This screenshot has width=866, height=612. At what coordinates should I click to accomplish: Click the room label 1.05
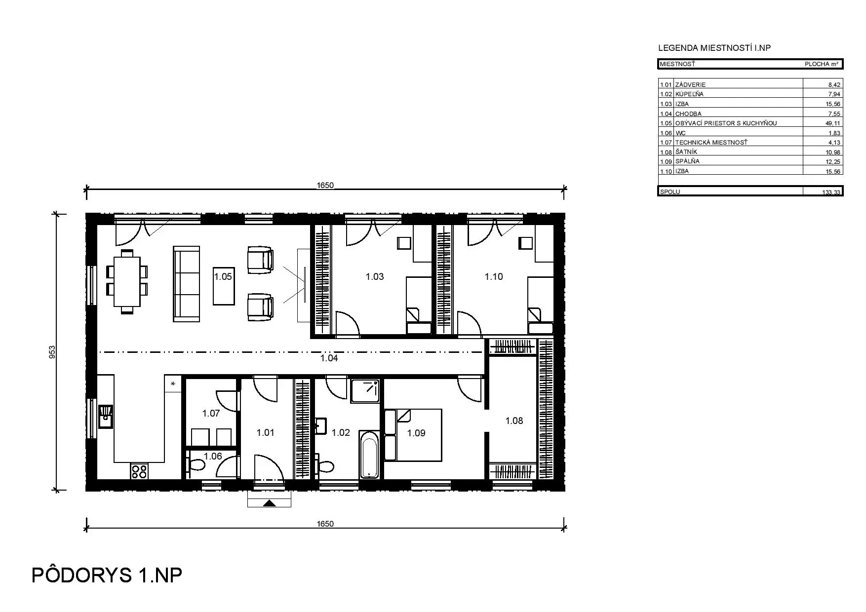coord(223,277)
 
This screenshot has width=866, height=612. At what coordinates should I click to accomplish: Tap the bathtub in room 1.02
coord(369,455)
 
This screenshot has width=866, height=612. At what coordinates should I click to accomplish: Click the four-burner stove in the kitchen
coord(139,471)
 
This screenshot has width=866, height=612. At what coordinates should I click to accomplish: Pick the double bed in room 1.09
coord(413,435)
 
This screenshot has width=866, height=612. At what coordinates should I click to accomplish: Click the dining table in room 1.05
coord(127,281)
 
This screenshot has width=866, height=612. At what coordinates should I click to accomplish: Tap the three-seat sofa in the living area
coord(186,284)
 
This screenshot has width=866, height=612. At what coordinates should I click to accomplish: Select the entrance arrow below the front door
coord(269,503)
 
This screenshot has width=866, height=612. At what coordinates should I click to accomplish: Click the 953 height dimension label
coord(52,352)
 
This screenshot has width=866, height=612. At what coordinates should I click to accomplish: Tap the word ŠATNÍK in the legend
coord(686,152)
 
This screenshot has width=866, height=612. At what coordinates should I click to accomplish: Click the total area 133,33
coord(831,192)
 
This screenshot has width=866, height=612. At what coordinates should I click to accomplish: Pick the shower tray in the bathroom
coord(365,391)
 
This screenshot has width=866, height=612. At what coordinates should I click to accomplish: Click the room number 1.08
coord(514,421)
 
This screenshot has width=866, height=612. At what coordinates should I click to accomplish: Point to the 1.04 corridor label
coord(329,358)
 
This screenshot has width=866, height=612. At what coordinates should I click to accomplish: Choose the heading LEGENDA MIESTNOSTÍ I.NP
coord(714,48)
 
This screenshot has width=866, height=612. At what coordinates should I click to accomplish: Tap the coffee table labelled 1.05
coord(223,286)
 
